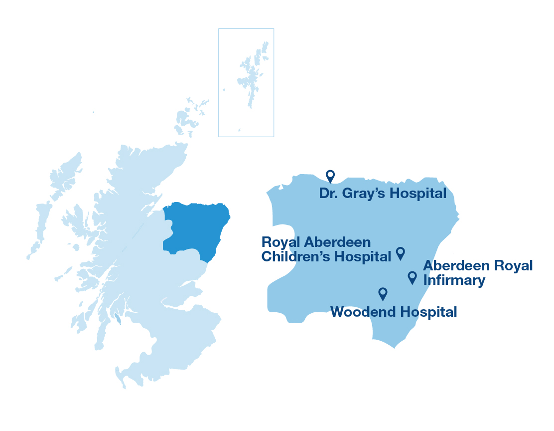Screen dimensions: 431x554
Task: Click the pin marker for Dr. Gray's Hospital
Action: (330, 176)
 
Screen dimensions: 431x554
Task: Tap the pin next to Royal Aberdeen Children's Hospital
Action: (400, 252)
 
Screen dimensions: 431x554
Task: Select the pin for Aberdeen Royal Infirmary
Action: (412, 277)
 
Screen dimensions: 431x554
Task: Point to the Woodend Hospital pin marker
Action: (383, 293)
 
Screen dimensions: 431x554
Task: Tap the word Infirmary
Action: (454, 280)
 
